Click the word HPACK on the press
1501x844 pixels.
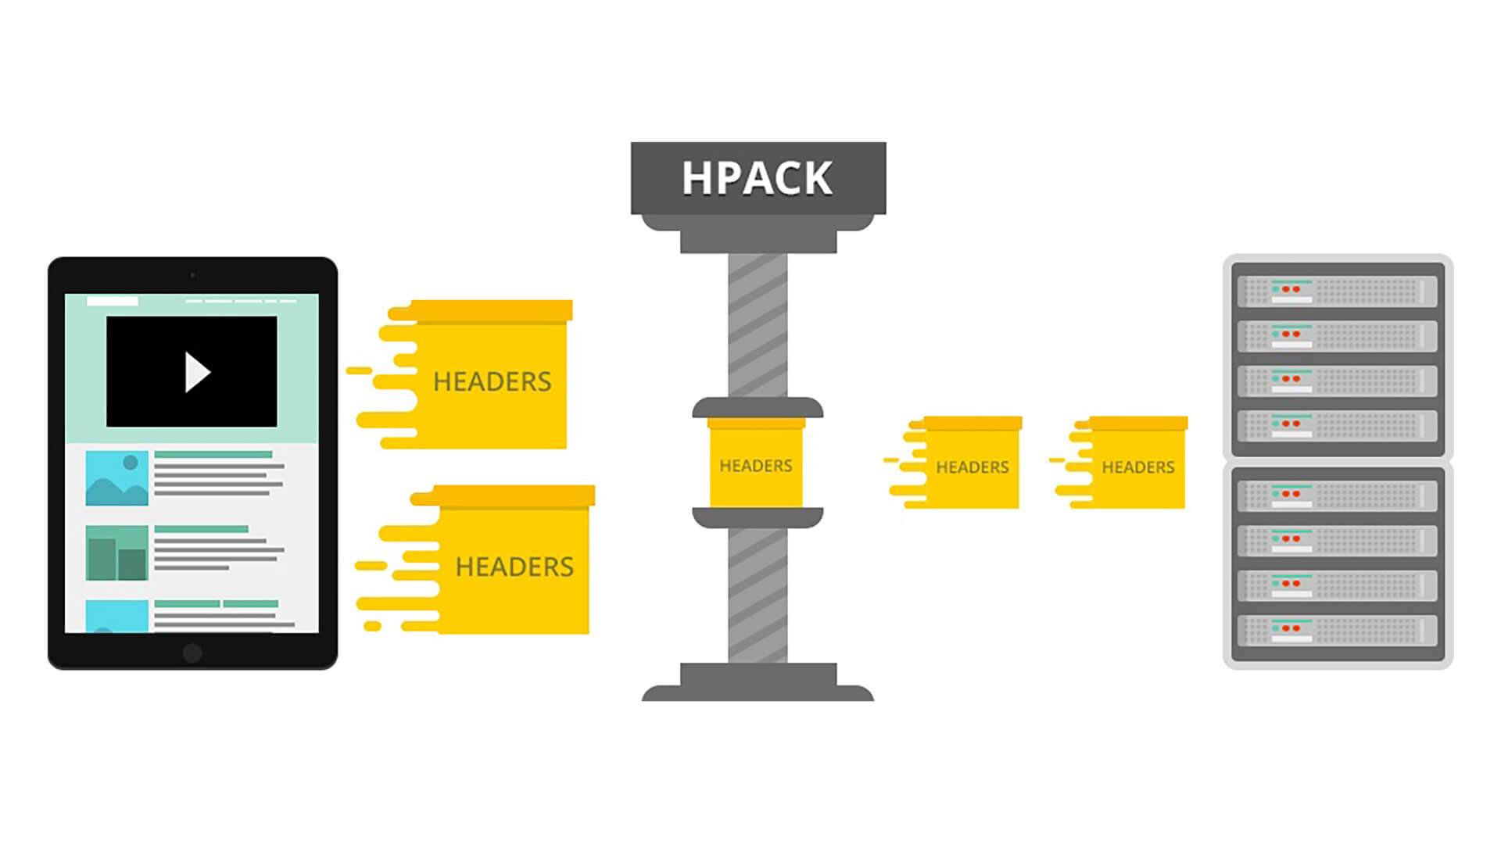click(757, 178)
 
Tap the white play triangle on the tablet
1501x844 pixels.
click(196, 372)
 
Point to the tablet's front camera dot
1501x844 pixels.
click(192, 275)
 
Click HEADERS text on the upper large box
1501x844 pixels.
click(492, 381)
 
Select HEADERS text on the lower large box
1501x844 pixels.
click(514, 567)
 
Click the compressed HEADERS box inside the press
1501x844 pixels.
click(756, 465)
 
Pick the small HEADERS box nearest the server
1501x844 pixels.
click(1137, 467)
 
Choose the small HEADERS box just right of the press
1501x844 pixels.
click(972, 467)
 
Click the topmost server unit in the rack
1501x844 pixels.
click(1337, 291)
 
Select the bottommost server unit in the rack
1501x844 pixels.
click(1337, 630)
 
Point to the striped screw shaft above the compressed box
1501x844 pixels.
click(758, 324)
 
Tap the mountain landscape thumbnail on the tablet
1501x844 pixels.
click(117, 477)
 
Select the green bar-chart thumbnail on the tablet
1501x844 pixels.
click(117, 553)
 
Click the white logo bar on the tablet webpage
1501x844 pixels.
click(112, 301)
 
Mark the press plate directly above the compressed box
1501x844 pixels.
click(758, 407)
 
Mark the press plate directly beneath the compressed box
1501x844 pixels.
click(758, 517)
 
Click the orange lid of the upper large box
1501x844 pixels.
click(493, 310)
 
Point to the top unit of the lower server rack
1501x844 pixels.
click(1337, 495)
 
